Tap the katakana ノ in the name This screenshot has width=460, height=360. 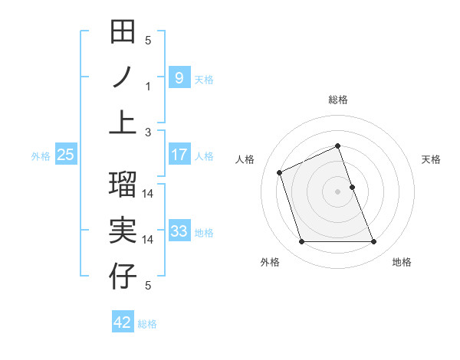coord(123,77)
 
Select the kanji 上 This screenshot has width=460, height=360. coord(123,123)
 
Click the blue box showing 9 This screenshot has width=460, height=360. coord(179,77)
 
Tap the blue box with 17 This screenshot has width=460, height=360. coord(179,155)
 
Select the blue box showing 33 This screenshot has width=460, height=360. coord(179,231)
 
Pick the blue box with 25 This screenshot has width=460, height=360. coord(66,155)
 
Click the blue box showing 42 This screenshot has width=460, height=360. coord(123,322)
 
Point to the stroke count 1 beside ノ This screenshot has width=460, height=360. coord(148,87)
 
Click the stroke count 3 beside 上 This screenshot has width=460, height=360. coord(148,132)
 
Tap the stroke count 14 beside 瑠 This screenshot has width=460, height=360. coord(148,194)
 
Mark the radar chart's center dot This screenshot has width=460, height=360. coord(337,191)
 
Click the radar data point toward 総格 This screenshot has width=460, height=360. coord(337,146)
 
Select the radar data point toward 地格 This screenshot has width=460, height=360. coord(374,242)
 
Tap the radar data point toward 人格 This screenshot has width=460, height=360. coord(279,172)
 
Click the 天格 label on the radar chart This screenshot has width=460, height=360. coord(431,159)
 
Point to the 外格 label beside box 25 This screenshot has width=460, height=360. coord(41,155)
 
